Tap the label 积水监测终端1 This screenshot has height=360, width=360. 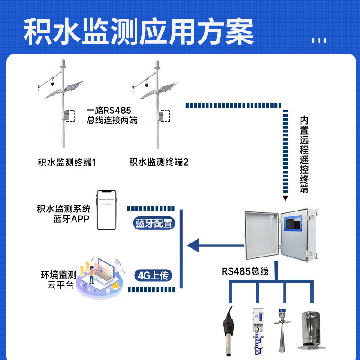tap(67, 162)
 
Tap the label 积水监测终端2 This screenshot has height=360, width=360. tap(159, 162)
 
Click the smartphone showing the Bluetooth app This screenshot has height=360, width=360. tap(106, 210)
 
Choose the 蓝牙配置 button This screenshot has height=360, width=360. tap(154, 224)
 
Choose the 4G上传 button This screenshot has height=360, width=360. tap(154, 275)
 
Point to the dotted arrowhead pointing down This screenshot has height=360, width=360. tap(285, 198)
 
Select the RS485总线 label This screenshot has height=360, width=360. tap(245, 271)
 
